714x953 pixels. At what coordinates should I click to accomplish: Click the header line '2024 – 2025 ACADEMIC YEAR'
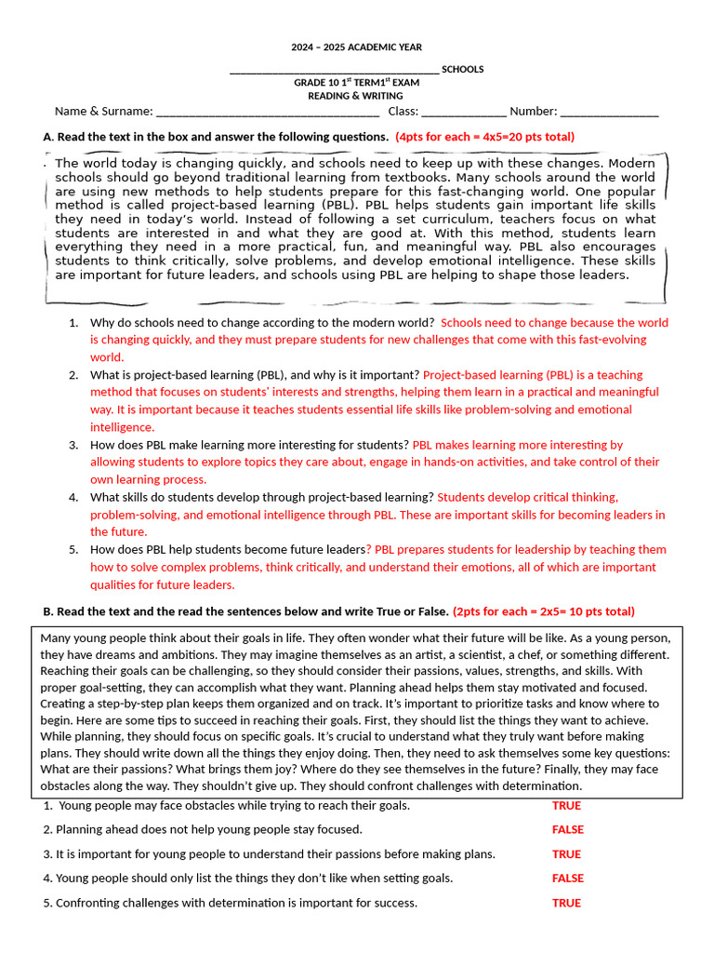(356, 47)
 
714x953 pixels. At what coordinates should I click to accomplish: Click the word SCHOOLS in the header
(462, 70)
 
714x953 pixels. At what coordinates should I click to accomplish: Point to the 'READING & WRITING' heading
(356, 96)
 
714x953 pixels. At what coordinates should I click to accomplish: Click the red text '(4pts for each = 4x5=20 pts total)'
(484, 137)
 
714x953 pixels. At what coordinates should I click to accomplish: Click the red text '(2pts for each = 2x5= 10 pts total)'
(544, 611)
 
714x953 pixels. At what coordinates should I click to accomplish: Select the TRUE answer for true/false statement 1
(566, 806)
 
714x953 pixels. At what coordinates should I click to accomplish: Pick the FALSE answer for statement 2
(567, 830)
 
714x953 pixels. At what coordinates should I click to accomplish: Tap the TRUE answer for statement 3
(566, 854)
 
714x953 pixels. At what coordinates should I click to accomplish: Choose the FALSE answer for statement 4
(567, 879)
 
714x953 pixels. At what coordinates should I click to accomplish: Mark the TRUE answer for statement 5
(566, 903)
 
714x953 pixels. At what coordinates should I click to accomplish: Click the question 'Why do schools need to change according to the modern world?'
(263, 323)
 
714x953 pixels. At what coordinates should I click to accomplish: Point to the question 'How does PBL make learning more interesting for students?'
(249, 445)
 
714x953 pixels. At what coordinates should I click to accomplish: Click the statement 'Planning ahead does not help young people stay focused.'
(209, 830)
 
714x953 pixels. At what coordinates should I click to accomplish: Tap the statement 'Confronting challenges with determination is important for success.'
(236, 903)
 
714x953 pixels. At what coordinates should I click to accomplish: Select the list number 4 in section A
(73, 498)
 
